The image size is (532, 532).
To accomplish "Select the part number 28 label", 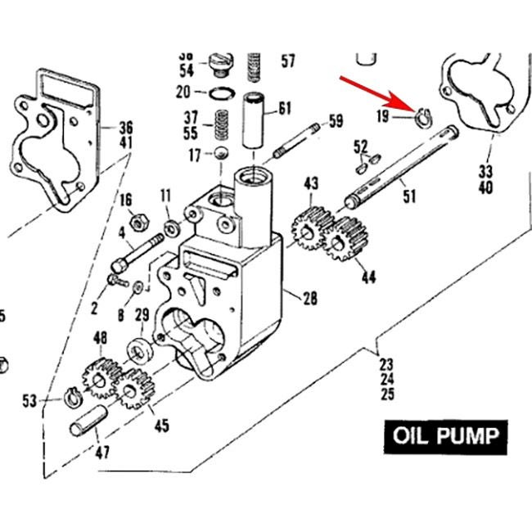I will click(x=310, y=298).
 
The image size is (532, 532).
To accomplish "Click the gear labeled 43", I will click(x=310, y=227).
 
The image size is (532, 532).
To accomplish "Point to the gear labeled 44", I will click(x=345, y=239).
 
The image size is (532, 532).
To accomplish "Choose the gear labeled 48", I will click(x=99, y=376).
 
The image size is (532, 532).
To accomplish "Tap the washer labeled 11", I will click(x=171, y=227).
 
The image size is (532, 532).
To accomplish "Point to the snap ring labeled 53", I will click(x=71, y=399).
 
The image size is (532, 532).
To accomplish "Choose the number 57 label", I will click(x=288, y=61).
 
